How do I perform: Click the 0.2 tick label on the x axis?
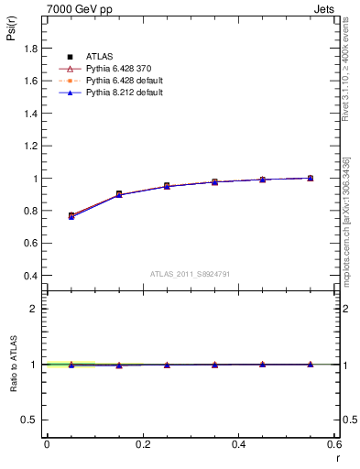click(142, 444)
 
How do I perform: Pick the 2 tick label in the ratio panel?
click(34, 310)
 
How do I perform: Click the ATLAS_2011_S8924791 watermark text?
click(190, 273)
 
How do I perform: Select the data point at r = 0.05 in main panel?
click(71, 216)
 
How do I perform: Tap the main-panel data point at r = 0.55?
click(311, 178)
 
